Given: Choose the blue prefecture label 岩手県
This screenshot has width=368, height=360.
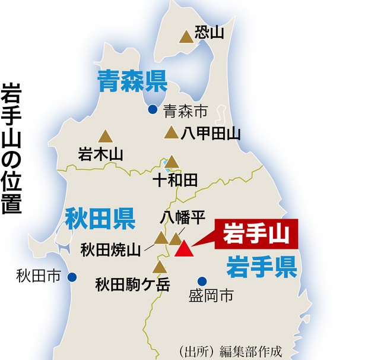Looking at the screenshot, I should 262,268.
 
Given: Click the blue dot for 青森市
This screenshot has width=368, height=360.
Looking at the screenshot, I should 153,109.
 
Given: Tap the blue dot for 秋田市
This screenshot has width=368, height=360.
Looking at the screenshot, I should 72,277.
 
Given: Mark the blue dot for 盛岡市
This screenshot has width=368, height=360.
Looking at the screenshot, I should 202,281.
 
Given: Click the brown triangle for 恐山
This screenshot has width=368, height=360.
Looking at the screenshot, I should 187,37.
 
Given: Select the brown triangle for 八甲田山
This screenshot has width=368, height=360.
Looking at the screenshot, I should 172,132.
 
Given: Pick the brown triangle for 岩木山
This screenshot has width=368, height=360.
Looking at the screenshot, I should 106,137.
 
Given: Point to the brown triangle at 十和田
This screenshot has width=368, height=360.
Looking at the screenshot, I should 172,162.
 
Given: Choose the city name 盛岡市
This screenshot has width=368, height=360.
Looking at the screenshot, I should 211,295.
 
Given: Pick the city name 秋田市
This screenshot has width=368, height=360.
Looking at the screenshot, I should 39,276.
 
